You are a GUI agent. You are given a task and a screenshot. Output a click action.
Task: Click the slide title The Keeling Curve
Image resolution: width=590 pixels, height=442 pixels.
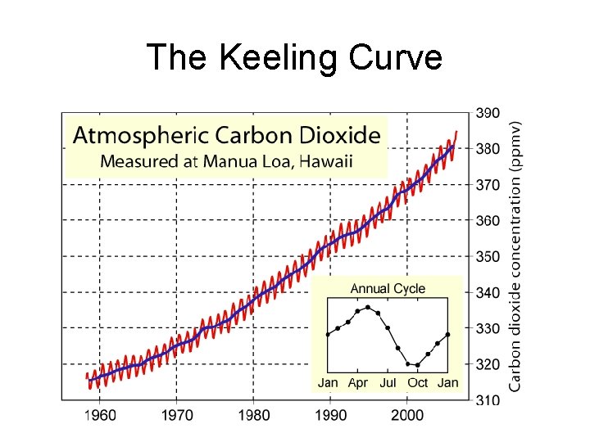click(294, 58)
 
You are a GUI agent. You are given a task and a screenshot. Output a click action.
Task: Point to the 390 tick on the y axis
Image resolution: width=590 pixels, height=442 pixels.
click(490, 113)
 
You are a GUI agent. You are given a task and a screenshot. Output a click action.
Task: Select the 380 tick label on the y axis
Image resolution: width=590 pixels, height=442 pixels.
click(490, 149)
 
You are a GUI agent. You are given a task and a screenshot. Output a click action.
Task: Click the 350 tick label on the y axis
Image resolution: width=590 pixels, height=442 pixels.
click(490, 256)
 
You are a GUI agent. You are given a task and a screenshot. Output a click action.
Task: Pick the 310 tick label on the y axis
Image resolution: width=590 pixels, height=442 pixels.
click(490, 400)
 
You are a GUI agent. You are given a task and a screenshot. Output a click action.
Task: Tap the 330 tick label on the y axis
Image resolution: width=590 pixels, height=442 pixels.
click(490, 328)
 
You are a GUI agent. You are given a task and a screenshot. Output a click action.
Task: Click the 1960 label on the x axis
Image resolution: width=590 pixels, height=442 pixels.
click(100, 416)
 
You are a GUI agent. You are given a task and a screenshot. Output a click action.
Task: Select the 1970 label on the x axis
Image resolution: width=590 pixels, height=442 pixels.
click(177, 416)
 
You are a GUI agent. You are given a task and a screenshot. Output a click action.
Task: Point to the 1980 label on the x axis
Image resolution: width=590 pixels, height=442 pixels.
click(254, 416)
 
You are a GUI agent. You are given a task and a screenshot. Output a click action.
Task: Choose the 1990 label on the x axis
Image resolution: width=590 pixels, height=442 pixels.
click(331, 416)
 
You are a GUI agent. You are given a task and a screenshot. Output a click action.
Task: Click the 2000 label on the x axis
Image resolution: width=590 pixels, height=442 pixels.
click(407, 416)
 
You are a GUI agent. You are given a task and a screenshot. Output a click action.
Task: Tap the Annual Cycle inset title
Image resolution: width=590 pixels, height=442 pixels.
click(388, 288)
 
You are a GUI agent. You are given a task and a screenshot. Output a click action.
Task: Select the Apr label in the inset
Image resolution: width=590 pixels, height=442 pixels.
click(357, 383)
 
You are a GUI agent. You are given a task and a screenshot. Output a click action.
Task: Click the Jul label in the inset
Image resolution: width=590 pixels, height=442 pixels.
click(388, 383)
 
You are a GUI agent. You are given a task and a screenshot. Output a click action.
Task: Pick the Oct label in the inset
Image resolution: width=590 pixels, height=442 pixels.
click(417, 383)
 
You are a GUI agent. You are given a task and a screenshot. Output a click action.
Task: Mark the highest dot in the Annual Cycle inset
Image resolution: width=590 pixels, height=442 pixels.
click(368, 307)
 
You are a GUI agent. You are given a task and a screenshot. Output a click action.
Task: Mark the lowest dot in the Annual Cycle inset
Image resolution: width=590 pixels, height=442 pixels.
click(418, 365)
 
